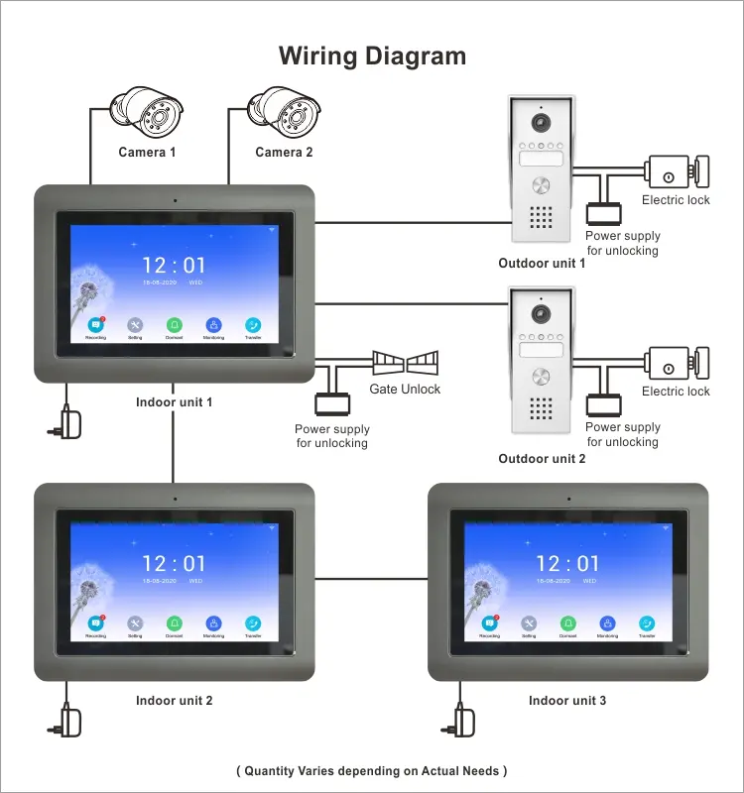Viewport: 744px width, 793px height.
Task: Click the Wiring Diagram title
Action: pyautogui.click(x=372, y=56)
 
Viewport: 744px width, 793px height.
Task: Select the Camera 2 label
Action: pyautogui.click(x=284, y=153)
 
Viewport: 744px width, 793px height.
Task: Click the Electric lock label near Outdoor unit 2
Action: pyautogui.click(x=676, y=392)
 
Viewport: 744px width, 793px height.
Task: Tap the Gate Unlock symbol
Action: pyautogui.click(x=404, y=362)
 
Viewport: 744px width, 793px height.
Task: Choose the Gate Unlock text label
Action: pyautogui.click(x=405, y=390)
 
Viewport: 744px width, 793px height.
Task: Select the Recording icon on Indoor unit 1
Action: pyautogui.click(x=95, y=325)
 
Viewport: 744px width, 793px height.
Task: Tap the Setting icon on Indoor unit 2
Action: pyautogui.click(x=135, y=623)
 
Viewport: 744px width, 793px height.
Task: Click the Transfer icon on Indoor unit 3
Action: pyautogui.click(x=647, y=623)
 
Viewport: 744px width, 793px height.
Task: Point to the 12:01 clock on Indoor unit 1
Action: pyautogui.click(x=174, y=266)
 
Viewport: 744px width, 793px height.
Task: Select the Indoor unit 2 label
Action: pyautogui.click(x=174, y=701)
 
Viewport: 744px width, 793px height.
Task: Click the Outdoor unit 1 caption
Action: pyautogui.click(x=542, y=264)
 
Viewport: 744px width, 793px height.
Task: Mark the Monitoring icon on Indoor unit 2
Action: pyautogui.click(x=213, y=623)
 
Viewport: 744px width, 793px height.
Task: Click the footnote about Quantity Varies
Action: pyautogui.click(x=372, y=770)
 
